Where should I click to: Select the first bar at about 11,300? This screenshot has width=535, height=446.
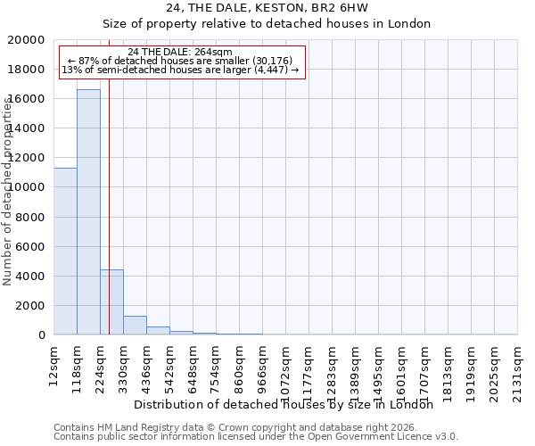(65, 251)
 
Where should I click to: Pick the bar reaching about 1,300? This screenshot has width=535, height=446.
(135, 325)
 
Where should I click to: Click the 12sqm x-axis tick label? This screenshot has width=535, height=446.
(53, 364)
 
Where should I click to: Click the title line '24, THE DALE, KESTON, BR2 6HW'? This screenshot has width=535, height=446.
(267, 8)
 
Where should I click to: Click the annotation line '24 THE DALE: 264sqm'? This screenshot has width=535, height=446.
(180, 52)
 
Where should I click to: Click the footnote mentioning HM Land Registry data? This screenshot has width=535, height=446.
(235, 427)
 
